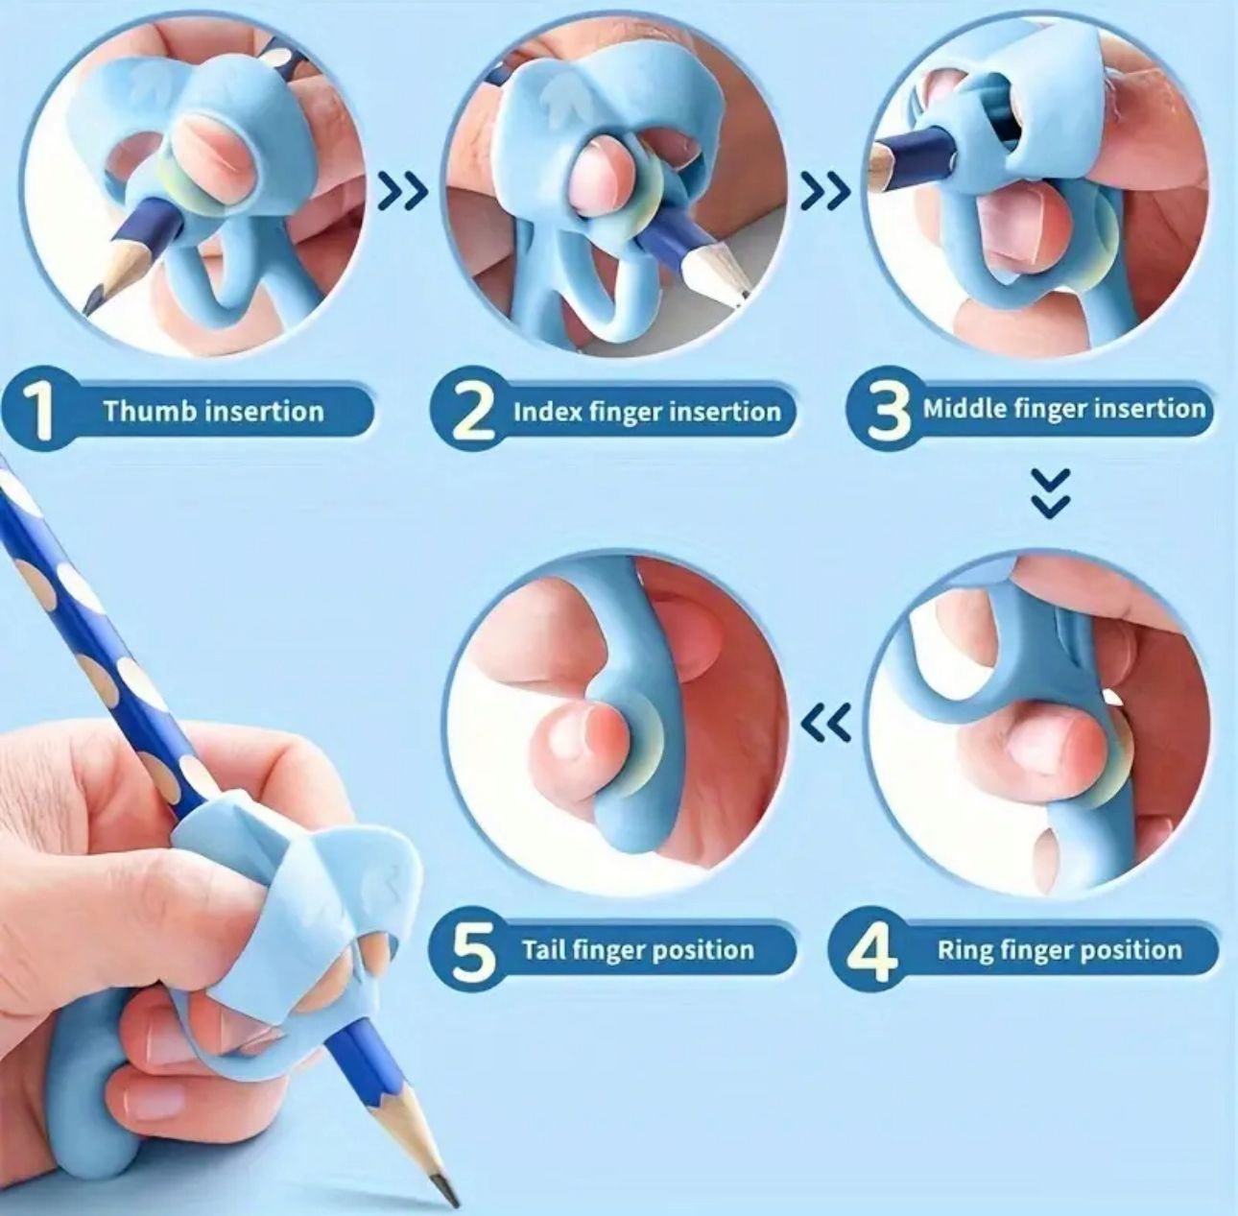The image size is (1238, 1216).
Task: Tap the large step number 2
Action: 472,411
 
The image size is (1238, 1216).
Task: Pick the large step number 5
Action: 475,949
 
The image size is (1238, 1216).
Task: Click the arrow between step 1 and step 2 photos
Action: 403,190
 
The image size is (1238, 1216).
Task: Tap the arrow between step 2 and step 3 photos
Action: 827,190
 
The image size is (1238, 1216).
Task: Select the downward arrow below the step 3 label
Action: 1051,493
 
